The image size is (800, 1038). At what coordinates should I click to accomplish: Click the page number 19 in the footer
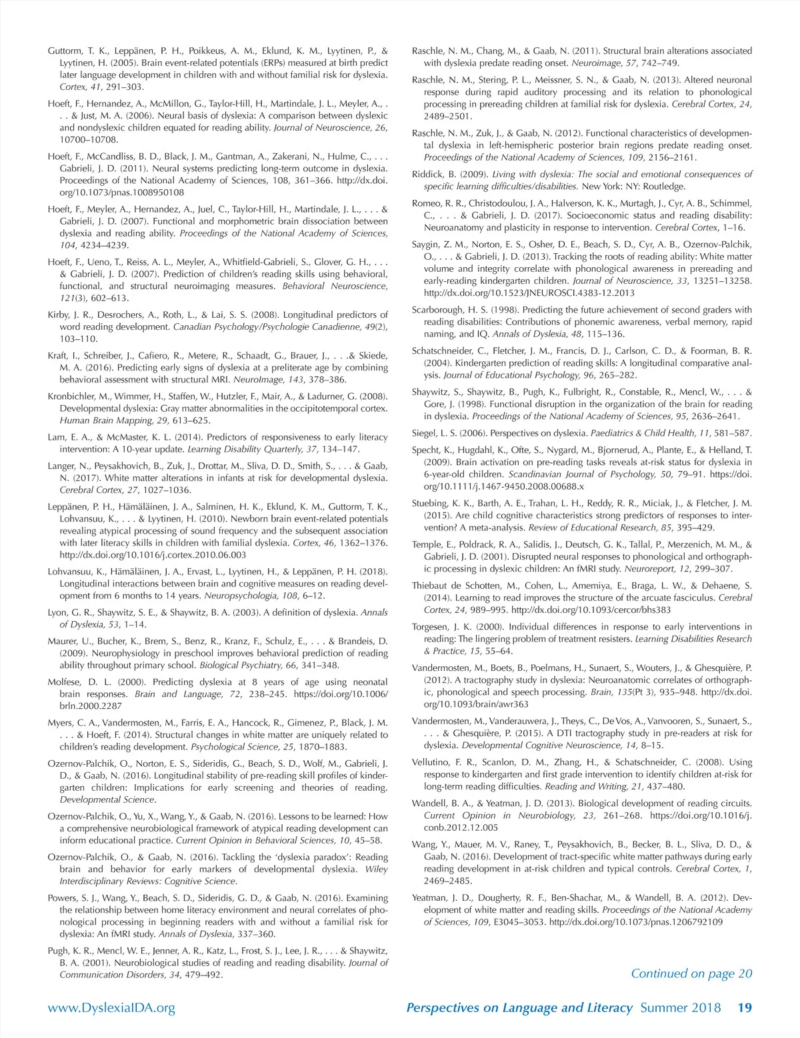pyautogui.click(x=744, y=1007)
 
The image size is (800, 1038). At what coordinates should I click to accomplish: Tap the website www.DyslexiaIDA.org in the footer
pyautogui.click(x=111, y=1007)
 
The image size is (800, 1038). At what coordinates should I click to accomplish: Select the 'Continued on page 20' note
pyautogui.click(x=691, y=973)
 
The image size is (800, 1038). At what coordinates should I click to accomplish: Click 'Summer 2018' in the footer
pyautogui.click(x=680, y=1007)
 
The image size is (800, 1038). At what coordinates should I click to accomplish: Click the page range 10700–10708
pyautogui.click(x=89, y=140)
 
